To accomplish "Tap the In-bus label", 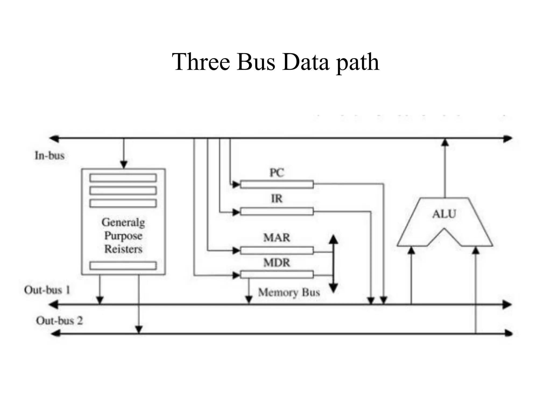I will click(x=50, y=156).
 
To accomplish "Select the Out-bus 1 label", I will click(x=47, y=290).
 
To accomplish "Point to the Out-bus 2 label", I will click(x=59, y=321).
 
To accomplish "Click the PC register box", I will click(x=277, y=185).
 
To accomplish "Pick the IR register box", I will click(x=277, y=212).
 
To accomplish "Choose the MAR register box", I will click(x=277, y=251).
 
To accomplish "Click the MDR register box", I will click(x=277, y=275).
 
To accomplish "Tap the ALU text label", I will click(x=444, y=214).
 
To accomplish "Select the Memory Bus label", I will click(x=289, y=292).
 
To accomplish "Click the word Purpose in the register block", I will click(x=123, y=236).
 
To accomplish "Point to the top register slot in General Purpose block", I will click(x=123, y=178).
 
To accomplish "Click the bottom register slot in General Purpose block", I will click(x=123, y=266).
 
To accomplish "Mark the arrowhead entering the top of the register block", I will click(x=124, y=164).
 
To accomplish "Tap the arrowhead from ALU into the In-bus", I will click(x=445, y=142).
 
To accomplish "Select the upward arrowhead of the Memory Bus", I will click(x=333, y=239).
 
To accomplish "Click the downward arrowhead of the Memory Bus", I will click(x=333, y=288).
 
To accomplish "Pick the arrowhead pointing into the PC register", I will click(x=236, y=185).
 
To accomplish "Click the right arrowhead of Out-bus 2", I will click(x=508, y=333).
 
